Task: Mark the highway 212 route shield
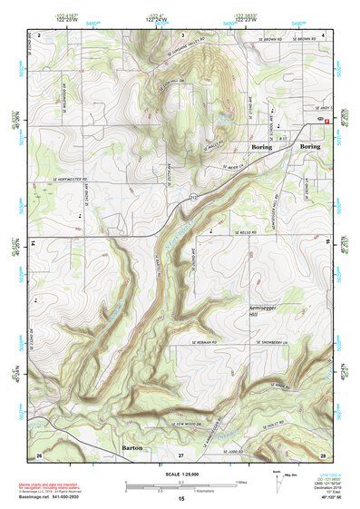[192, 196]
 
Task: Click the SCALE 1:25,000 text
[180, 473]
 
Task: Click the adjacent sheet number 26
[38, 454]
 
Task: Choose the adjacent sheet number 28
[323, 454]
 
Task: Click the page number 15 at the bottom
[180, 499]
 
